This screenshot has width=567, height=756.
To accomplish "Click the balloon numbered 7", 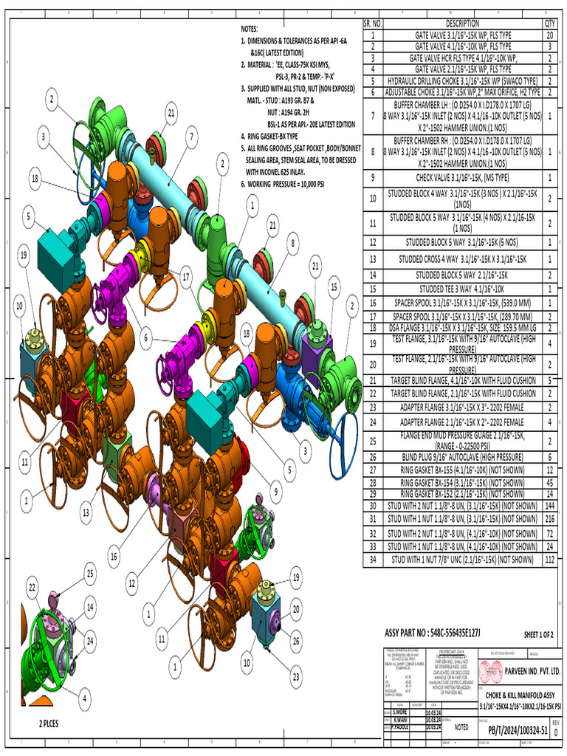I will pyautogui.click(x=191, y=136).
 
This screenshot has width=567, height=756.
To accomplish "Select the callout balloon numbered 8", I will pyautogui.click(x=293, y=241).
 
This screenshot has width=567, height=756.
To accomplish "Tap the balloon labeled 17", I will pyautogui.click(x=186, y=278).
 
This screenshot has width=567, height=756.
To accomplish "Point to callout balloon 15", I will pyautogui.click(x=334, y=286).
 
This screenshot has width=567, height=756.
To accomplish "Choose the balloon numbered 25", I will pyautogui.click(x=90, y=572).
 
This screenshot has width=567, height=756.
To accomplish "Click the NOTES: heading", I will pyautogui.click(x=251, y=28).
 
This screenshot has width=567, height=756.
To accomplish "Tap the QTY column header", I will pyautogui.click(x=550, y=24).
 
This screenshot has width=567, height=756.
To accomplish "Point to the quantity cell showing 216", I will pyautogui.click(x=550, y=520).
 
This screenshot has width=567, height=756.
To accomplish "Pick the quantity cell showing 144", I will pyautogui.click(x=550, y=506).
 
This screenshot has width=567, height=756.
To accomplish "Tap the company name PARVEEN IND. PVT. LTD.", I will pyautogui.click(x=521, y=672).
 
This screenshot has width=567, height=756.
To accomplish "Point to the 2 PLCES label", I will pyautogui.click(x=54, y=724).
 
